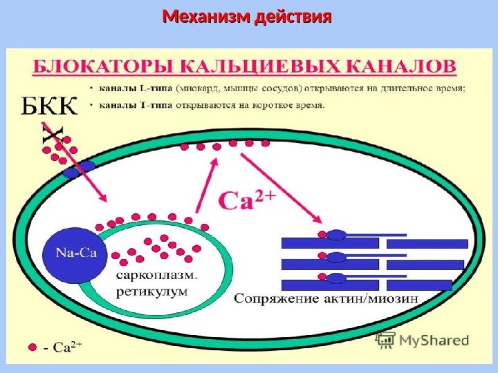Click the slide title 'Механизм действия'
247,15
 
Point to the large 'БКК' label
50,108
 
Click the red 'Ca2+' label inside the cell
247,200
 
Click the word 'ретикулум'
151,291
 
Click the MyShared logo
423,340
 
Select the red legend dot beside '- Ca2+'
30,347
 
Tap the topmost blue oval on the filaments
336,235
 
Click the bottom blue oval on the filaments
336,278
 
